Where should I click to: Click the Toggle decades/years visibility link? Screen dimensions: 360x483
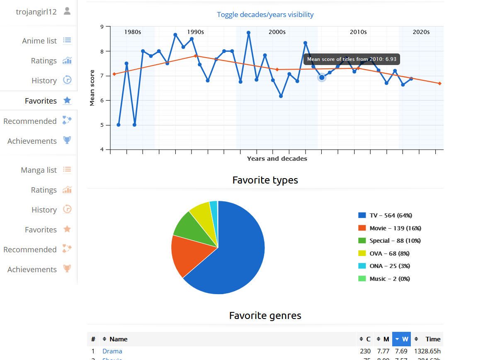point(265,14)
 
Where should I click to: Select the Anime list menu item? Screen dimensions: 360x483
point(39,41)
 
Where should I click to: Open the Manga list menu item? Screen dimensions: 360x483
point(39,170)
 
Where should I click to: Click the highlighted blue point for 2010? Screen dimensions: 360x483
point(322,77)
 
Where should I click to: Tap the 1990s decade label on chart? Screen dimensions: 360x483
point(195,32)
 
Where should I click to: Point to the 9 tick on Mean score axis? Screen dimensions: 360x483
point(102,27)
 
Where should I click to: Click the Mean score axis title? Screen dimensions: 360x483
point(92,88)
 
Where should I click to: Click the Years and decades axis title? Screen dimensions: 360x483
point(277,159)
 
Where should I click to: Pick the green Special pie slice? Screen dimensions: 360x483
point(190,226)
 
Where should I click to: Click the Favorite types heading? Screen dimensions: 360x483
point(265,180)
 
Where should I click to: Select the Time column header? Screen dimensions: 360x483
point(432,339)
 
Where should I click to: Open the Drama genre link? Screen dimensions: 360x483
point(112,351)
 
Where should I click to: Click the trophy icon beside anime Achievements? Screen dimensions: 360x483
point(67,140)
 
